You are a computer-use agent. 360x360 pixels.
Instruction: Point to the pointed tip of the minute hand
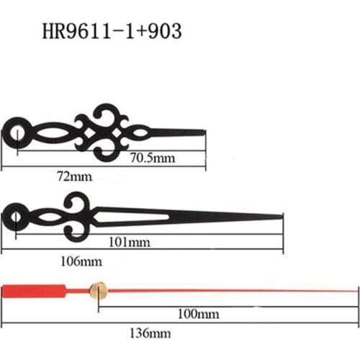click(281, 215)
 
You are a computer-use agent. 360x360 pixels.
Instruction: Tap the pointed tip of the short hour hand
click(202, 132)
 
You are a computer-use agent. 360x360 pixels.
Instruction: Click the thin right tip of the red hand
click(354, 290)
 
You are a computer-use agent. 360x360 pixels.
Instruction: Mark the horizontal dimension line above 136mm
click(180, 322)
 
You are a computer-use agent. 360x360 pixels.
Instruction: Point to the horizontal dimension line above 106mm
click(144, 250)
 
